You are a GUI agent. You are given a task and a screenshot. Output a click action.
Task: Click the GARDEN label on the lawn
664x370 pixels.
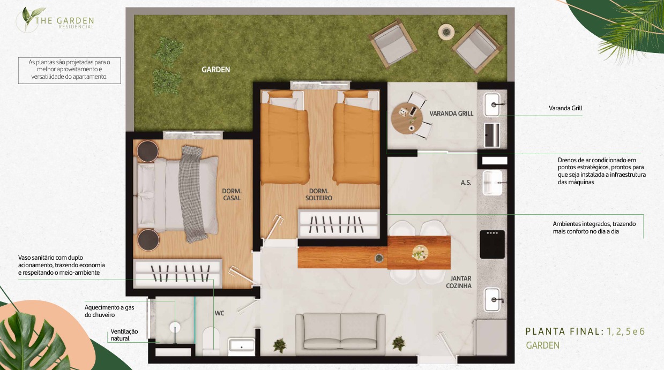pos(216,70)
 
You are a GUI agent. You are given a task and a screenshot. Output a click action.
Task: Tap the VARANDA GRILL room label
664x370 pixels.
pos(451,114)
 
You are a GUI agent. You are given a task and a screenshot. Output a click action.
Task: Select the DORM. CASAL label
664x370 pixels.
pos(232,194)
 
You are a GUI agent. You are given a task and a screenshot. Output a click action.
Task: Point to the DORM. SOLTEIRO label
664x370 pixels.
pos(319,194)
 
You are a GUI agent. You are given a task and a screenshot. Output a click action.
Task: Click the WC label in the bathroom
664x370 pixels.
pos(219,313)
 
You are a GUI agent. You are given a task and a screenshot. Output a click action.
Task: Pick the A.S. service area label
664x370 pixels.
pos(466,183)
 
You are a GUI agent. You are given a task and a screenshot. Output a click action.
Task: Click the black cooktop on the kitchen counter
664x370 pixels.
pos(492,244)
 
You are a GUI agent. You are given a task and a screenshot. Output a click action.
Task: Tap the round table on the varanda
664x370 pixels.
pos(407,118)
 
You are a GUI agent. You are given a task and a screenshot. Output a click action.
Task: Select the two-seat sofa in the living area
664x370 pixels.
pos(340,334)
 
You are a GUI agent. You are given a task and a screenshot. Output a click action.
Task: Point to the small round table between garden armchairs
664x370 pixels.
pos(446,32)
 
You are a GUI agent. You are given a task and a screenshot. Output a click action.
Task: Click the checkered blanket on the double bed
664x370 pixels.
pos(193,194)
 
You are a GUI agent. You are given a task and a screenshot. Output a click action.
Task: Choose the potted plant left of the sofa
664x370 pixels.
pos(280,346)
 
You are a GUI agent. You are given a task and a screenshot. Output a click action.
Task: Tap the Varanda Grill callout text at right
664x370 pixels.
pos(565,108)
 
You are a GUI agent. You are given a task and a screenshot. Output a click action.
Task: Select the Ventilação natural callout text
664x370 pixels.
pos(124,335)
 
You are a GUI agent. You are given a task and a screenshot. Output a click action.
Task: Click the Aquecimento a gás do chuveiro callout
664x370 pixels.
pos(109,311)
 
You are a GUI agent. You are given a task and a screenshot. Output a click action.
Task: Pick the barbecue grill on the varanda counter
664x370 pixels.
pos(492,135)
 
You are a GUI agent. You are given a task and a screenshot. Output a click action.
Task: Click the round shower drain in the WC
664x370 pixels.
pos(175,328)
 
